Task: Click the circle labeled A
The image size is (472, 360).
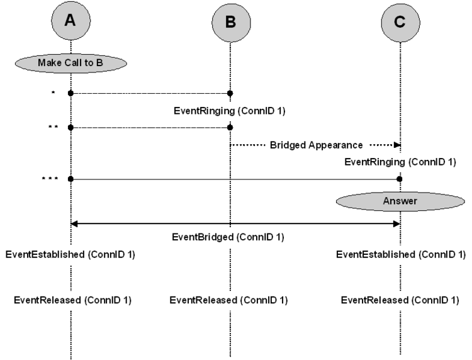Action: (70, 21)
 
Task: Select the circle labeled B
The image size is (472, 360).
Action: (231, 23)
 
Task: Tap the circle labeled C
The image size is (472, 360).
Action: (400, 23)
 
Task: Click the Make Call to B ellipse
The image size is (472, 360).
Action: (70, 63)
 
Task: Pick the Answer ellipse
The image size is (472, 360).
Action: (400, 201)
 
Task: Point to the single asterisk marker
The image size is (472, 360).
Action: (53, 93)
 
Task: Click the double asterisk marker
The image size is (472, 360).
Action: (53, 127)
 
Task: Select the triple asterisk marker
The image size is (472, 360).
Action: (50, 179)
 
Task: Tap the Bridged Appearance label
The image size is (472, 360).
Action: (316, 145)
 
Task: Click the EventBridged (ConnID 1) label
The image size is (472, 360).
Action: (228, 237)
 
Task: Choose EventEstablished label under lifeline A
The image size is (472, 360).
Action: (70, 255)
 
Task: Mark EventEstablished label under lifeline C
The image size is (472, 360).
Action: (401, 255)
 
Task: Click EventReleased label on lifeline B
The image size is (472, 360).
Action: (228, 300)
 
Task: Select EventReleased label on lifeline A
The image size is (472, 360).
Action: (72, 300)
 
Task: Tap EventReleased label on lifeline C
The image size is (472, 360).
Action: (400, 300)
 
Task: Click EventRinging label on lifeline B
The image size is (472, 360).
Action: (229, 111)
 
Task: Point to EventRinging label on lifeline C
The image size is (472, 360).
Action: (400, 162)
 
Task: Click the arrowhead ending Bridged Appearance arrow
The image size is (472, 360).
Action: (397, 145)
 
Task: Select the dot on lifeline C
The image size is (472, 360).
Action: (400, 179)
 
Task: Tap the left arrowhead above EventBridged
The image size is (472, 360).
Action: (74, 223)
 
